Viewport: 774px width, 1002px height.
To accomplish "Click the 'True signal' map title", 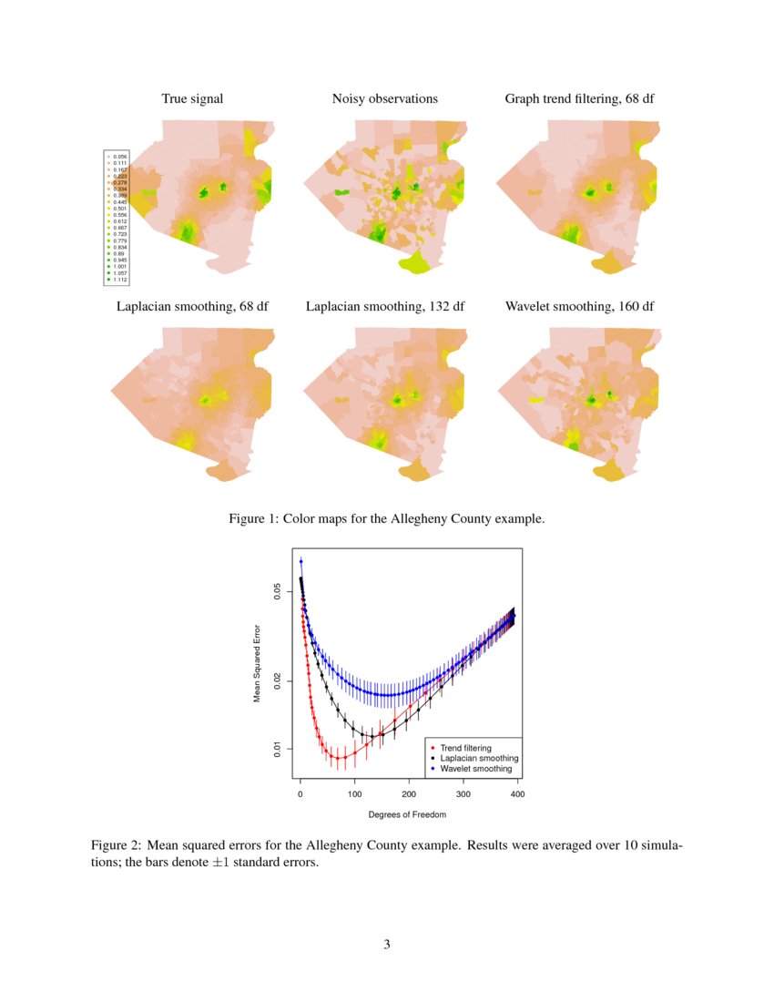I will pyautogui.click(x=192, y=98).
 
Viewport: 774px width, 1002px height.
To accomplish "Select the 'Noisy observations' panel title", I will pyautogui.click(x=384, y=98).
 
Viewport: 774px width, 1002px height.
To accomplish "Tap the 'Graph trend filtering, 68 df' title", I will pyautogui.click(x=579, y=98).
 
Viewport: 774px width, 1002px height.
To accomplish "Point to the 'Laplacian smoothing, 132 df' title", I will pyautogui.click(x=385, y=306).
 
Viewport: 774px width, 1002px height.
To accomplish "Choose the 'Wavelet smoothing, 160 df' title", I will pyautogui.click(x=579, y=306).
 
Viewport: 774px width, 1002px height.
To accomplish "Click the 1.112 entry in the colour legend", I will pyautogui.click(x=119, y=280).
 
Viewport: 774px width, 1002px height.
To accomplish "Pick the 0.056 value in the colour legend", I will pyautogui.click(x=119, y=157).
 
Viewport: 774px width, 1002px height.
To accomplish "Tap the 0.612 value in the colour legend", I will pyautogui.click(x=119, y=221).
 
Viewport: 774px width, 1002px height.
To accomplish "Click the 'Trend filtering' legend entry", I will pyautogui.click(x=465, y=748).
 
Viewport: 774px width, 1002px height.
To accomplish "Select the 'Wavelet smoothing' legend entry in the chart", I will pyautogui.click(x=475, y=769).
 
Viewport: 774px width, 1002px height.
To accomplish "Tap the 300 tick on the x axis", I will pyautogui.click(x=463, y=795).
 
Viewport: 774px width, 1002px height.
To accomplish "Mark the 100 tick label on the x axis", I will pyautogui.click(x=354, y=795).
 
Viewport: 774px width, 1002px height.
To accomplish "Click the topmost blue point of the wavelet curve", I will pyautogui.click(x=300, y=561).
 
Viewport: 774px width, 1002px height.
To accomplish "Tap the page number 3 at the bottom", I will pyautogui.click(x=387, y=945).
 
